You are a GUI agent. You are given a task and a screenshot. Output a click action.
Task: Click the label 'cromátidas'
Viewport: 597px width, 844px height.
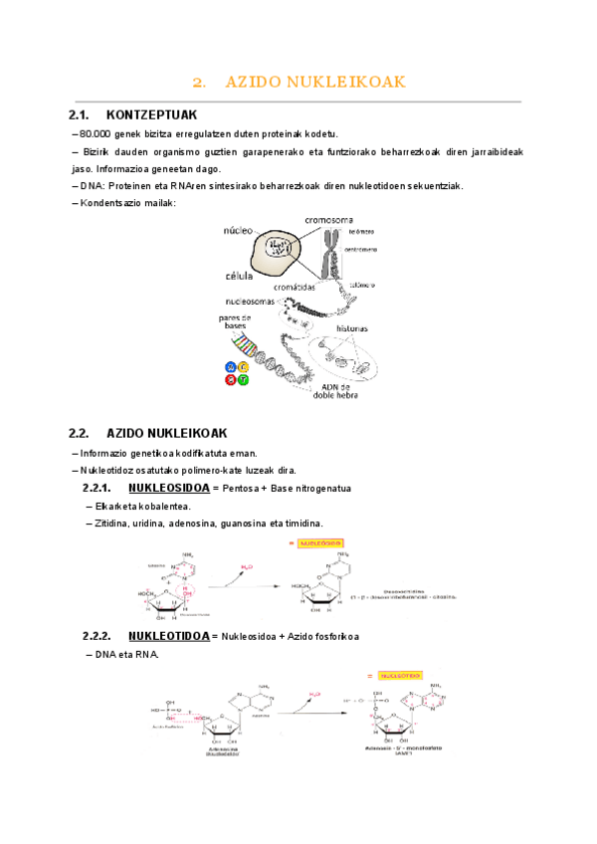pos(295,286)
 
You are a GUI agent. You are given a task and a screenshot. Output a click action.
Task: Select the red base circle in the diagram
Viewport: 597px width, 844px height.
pos(231,379)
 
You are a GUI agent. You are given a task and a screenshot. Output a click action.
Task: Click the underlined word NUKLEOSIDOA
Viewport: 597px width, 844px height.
pos(169,489)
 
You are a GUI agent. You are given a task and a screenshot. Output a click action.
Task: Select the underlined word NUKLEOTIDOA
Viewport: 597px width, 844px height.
pos(169,636)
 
